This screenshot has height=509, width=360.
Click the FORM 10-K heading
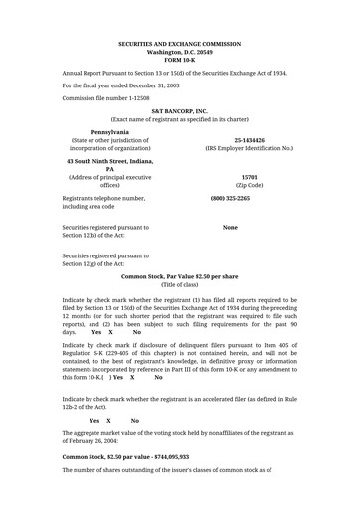coord(179,59)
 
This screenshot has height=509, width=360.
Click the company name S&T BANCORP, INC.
coord(179,111)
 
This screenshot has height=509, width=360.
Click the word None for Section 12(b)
coord(230,228)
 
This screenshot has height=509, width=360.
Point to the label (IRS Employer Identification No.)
coord(250,149)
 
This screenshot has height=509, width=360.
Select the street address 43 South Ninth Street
coord(98,159)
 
